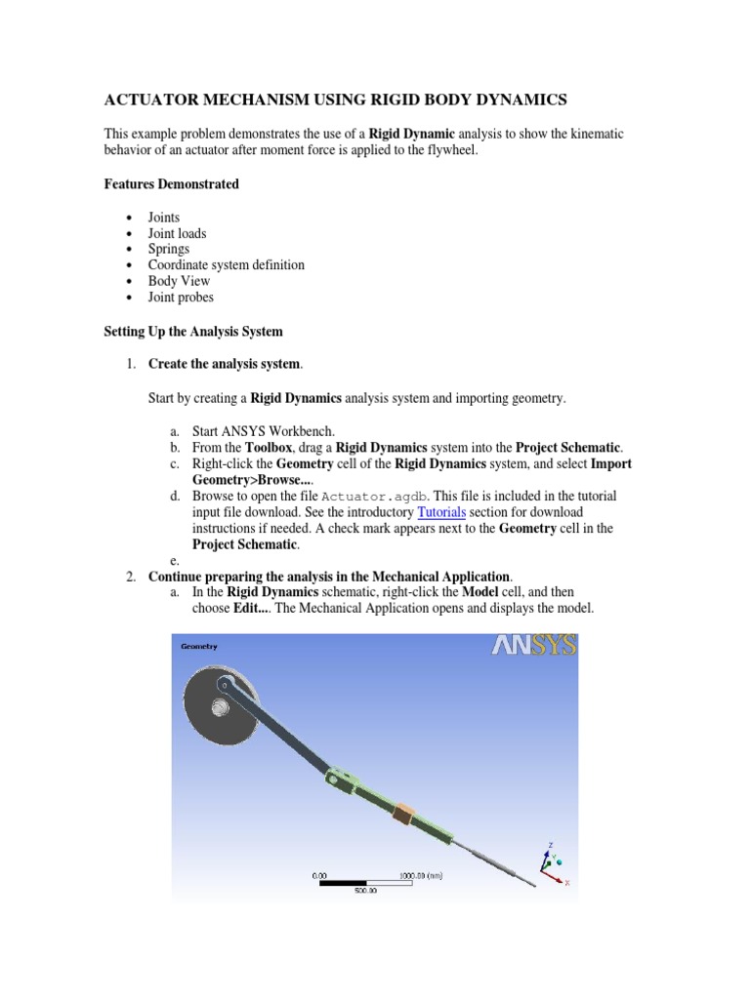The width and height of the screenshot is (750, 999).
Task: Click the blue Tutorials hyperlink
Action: [441, 512]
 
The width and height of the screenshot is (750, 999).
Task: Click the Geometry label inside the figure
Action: [199, 646]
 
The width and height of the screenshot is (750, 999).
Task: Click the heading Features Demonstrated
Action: [171, 184]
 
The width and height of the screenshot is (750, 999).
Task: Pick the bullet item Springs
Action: [168, 249]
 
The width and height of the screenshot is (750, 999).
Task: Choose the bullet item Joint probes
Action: [180, 297]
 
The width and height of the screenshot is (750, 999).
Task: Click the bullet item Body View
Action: [179, 281]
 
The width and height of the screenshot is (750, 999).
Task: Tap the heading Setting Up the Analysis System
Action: [193, 332]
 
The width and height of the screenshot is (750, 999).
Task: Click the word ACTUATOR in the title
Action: [152, 100]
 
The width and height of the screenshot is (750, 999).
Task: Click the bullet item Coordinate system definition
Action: [226, 264]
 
